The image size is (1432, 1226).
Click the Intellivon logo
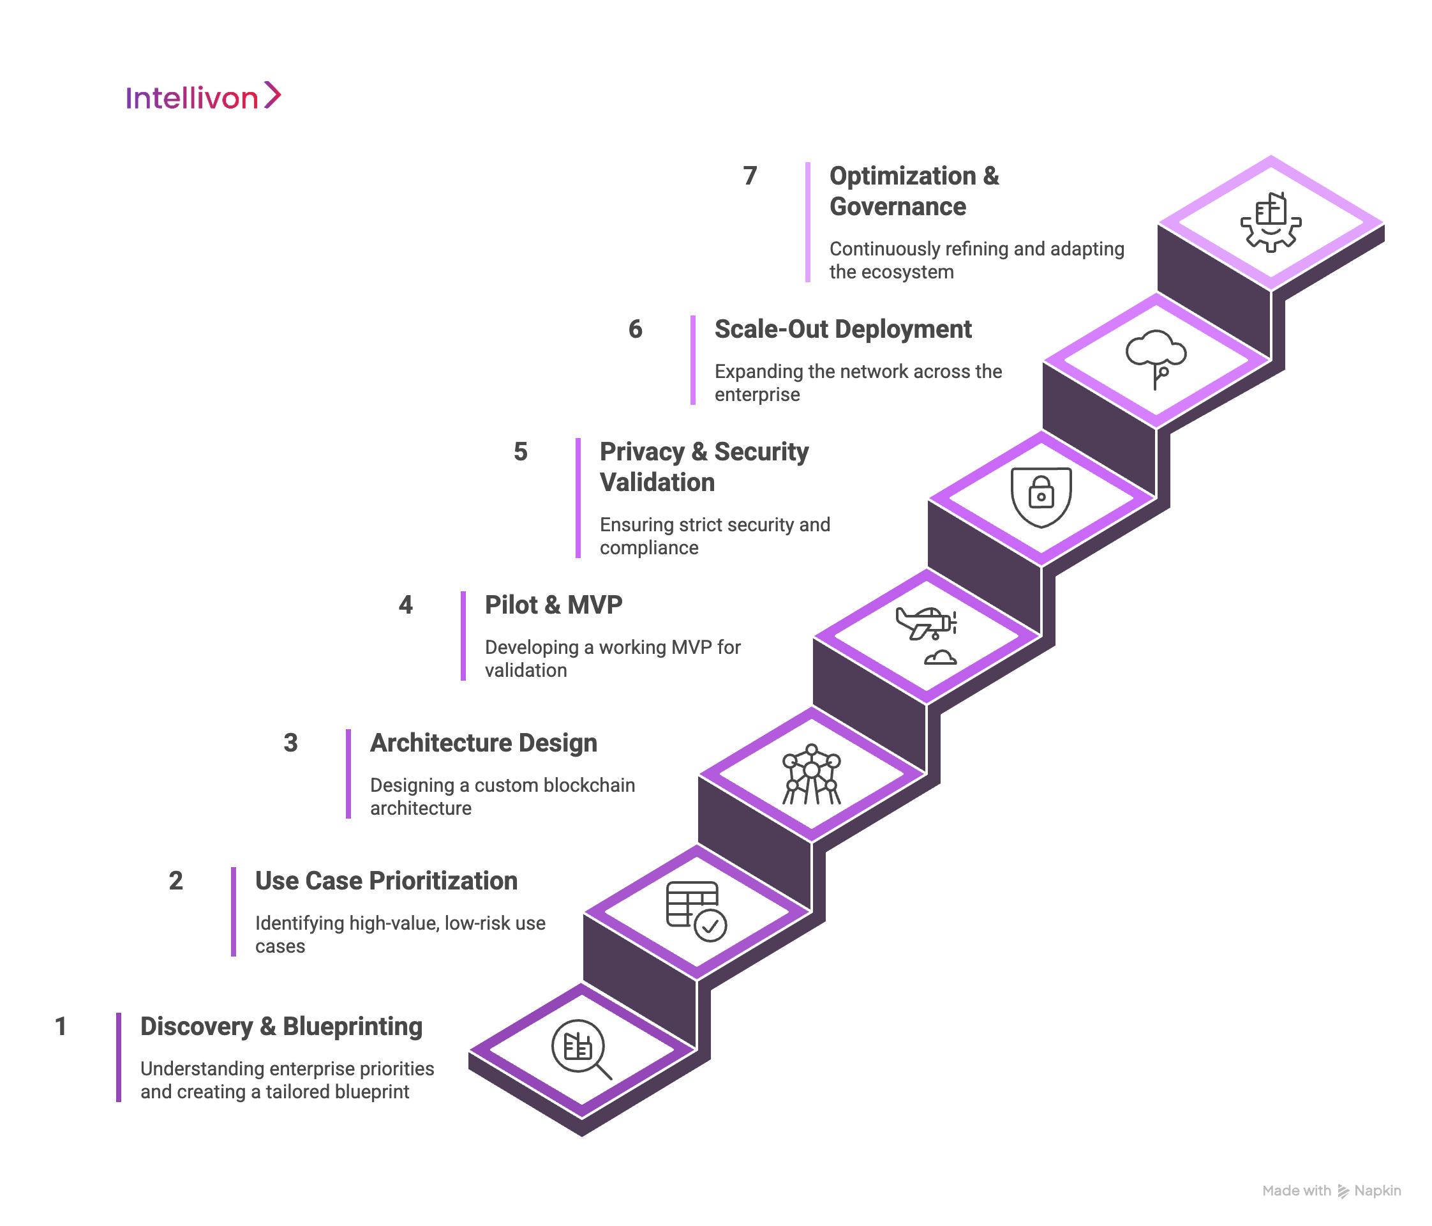[203, 97]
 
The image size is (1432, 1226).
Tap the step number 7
[750, 176]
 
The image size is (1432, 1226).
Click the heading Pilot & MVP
[553, 605]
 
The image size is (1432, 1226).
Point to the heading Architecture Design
[483, 743]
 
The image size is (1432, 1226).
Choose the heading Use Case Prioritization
[385, 881]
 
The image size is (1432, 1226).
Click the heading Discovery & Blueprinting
[281, 1026]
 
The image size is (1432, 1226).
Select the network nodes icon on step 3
[811, 775]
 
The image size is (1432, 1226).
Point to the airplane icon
[925, 623]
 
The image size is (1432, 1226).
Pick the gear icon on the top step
[1271, 223]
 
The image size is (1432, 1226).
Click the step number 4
[406, 605]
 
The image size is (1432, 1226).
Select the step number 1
[61, 1026]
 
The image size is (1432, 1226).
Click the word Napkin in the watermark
[1377, 1191]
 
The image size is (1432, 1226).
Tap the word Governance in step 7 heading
[897, 207]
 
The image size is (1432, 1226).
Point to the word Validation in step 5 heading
[657, 483]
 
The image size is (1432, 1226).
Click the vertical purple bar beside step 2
[234, 911]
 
